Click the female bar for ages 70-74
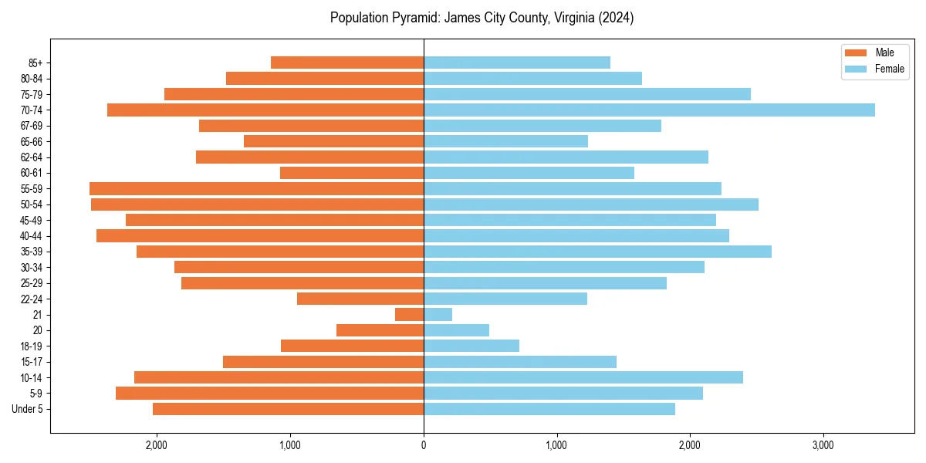pos(649,110)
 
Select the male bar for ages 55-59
pos(256,189)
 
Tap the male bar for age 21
pos(409,315)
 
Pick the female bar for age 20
pos(456,330)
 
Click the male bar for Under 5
pos(288,409)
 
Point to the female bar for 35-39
pos(597,252)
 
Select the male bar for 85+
pos(347,63)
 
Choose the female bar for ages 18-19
pos(471,346)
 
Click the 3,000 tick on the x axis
pos(823,445)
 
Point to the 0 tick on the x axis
pos(424,445)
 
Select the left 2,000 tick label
pos(157,445)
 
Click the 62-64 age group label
pos(32,157)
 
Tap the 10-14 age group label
pos(32,377)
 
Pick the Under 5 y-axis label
pos(28,409)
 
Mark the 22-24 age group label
pos(32,299)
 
